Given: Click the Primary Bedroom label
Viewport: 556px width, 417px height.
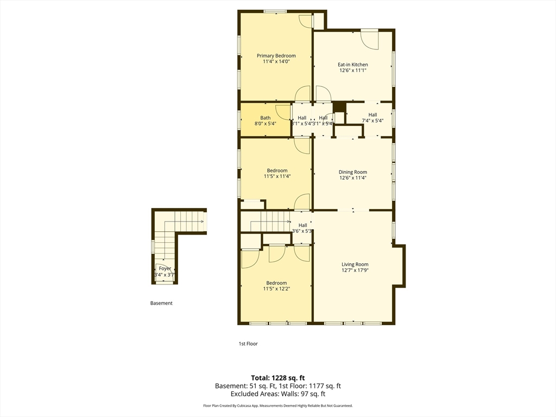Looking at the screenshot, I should click(276, 56).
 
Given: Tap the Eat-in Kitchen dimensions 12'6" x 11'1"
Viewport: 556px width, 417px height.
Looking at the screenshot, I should click(353, 71).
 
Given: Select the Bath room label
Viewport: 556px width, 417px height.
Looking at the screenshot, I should click(265, 118).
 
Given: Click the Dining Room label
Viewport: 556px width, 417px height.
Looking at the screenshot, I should click(353, 172).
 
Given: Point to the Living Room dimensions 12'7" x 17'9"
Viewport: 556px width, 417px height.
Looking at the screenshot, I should click(355, 270).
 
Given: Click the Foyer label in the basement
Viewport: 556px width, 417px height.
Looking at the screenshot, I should click(165, 269).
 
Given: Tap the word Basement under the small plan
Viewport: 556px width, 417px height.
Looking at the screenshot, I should click(161, 303).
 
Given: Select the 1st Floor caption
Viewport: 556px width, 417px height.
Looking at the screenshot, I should click(248, 344).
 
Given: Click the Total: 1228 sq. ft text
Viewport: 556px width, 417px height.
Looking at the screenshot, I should click(278, 377).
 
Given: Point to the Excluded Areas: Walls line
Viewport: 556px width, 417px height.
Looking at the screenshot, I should click(278, 394).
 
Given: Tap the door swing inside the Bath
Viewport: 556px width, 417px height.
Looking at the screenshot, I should click(283, 111).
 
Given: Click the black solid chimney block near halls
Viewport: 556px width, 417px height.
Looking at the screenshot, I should click(339, 107).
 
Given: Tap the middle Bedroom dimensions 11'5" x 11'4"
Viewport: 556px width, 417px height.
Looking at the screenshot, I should click(277, 176).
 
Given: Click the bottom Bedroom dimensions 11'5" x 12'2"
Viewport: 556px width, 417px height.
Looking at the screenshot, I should click(276, 289).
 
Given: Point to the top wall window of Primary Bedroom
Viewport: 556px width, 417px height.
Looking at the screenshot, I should click(275, 11).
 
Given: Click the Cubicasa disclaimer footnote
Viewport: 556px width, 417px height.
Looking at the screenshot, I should click(278, 406).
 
